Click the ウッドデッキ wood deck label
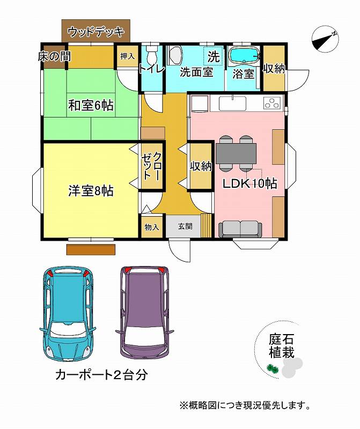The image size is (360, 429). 96,32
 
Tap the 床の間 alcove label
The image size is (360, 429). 54,57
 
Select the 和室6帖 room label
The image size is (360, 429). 91,105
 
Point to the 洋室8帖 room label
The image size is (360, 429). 91,191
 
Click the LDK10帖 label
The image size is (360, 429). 249,183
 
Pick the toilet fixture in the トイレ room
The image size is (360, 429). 152,55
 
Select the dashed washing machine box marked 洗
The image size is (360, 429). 213,56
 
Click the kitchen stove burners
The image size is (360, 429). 273,102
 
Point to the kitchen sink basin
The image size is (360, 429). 232,103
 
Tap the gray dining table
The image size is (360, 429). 236,153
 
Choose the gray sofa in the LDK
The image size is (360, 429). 240,229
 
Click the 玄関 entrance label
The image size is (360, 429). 185,226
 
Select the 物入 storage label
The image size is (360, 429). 152,227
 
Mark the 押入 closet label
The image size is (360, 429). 128,56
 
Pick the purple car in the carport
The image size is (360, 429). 144,313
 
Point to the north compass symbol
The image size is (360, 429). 325,39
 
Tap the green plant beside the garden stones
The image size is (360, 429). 273,368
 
